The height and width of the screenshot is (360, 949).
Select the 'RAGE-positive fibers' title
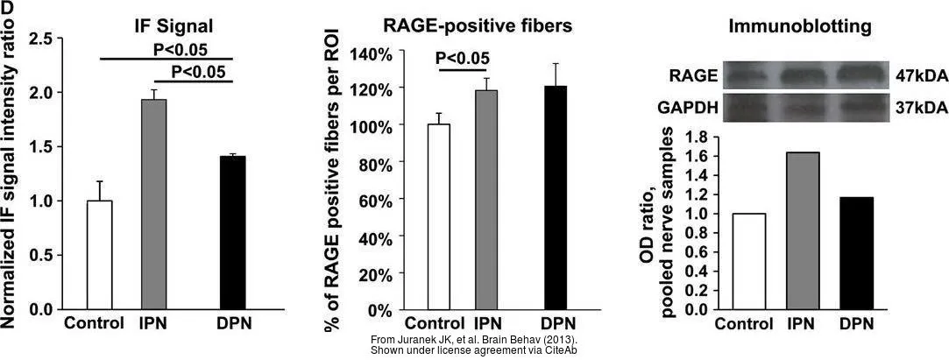pos(478,25)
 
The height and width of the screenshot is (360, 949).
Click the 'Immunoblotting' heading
pos(800,27)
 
